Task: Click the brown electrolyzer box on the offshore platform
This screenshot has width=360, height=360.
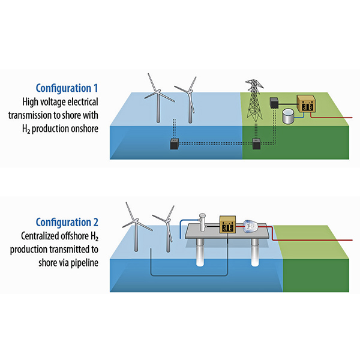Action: (x=228, y=224)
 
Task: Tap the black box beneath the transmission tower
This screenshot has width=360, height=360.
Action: (x=256, y=143)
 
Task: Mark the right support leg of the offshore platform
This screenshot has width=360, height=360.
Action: (x=256, y=252)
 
